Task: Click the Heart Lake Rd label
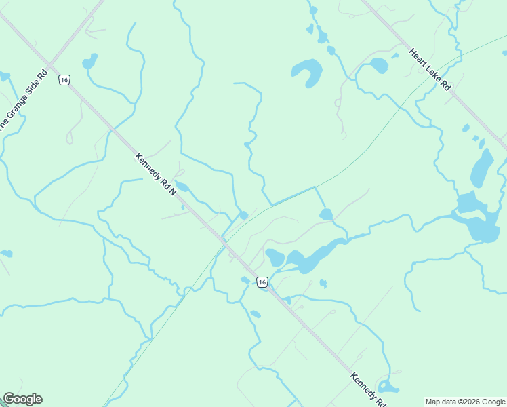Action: point(429,69)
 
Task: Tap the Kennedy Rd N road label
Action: point(155,175)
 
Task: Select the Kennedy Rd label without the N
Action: point(367,389)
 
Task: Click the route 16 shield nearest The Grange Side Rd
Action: point(64,80)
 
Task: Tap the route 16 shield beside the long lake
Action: point(262,281)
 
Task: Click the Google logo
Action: point(22,399)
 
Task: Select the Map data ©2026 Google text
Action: point(466,402)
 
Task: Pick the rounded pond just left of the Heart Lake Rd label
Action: point(378,66)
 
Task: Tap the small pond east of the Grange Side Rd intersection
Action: point(89,62)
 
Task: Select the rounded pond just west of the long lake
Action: point(275,258)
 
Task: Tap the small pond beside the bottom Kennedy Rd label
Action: point(388,387)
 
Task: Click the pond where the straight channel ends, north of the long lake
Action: point(326,214)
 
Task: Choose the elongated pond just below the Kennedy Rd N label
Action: point(182,187)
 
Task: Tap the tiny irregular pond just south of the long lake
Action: point(323,284)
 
